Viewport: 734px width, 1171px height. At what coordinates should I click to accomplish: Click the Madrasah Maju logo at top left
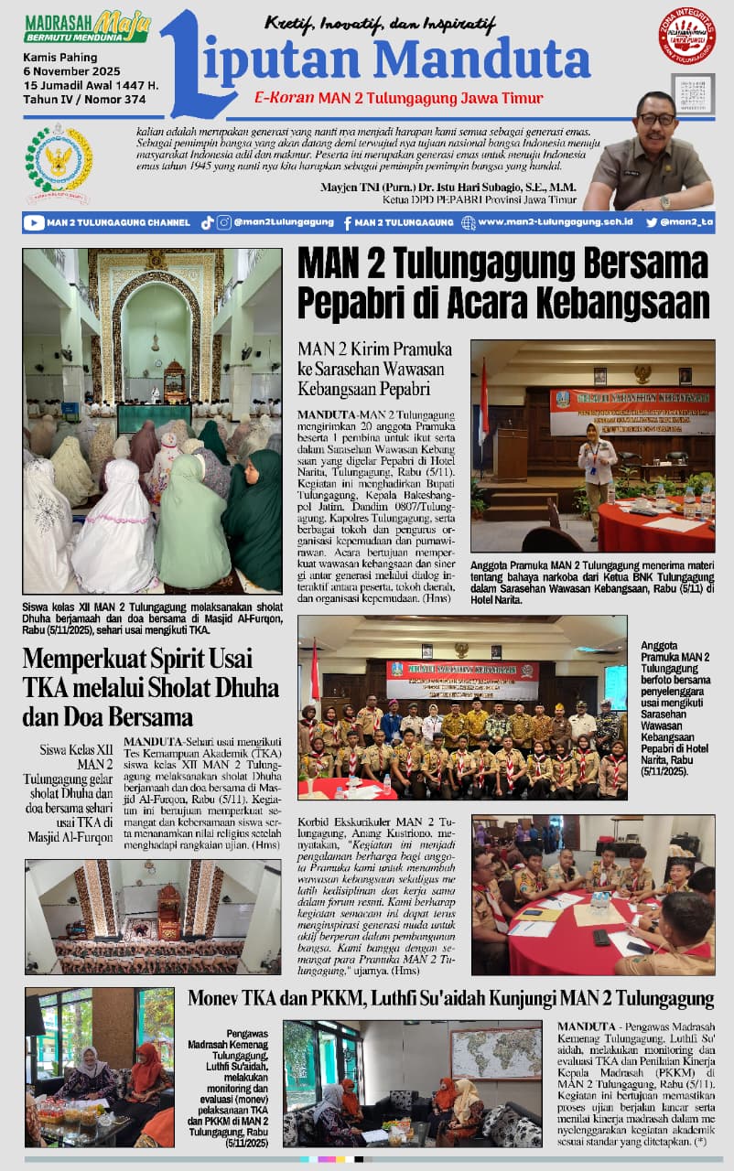coord(88,27)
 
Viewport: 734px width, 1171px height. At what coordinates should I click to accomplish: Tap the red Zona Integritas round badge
coord(686,36)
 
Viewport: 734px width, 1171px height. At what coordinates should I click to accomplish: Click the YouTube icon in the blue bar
coord(35,222)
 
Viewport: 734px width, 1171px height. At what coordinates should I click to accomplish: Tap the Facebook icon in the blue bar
coord(348,222)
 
